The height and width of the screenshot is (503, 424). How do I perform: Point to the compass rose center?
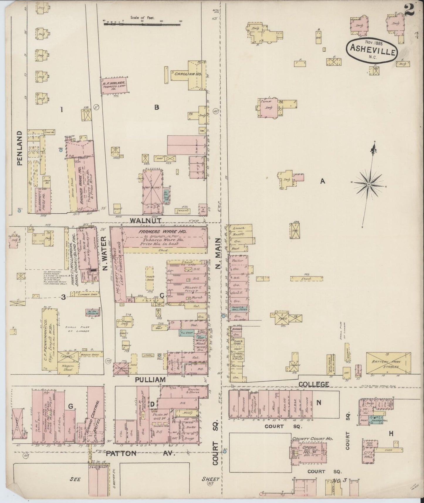[369, 184]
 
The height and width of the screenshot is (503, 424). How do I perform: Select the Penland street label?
[20, 148]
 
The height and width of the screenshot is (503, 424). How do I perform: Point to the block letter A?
[322, 181]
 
